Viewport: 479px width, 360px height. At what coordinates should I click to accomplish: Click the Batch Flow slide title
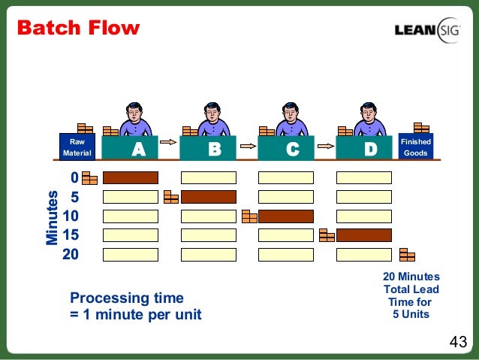coord(78,29)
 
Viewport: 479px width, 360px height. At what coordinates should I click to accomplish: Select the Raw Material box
coord(77,147)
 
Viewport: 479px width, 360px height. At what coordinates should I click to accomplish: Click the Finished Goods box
coord(415,147)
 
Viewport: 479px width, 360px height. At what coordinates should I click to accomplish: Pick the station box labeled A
coord(130,149)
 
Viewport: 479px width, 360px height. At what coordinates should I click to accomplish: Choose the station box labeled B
coord(208,149)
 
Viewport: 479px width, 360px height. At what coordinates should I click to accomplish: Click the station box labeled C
coord(286,149)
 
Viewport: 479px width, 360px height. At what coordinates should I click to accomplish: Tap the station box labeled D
coord(364,149)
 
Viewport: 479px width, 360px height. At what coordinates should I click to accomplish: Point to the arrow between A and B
coord(169,141)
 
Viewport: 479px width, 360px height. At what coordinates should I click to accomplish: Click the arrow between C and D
coord(324,141)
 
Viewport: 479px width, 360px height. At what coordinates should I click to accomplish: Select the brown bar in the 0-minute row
coord(131,178)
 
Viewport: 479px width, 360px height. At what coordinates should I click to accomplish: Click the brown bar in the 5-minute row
coord(208,197)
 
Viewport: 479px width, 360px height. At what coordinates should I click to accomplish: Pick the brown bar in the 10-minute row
coord(286,216)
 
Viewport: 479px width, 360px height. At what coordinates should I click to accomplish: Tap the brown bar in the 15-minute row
coord(364,235)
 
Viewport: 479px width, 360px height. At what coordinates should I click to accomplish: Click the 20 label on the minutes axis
coord(70,254)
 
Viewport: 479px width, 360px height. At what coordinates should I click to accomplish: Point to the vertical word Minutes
coord(52,219)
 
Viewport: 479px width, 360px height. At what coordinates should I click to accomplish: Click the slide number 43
coord(457,343)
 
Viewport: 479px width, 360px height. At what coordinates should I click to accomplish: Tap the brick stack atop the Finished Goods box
coord(421,128)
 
